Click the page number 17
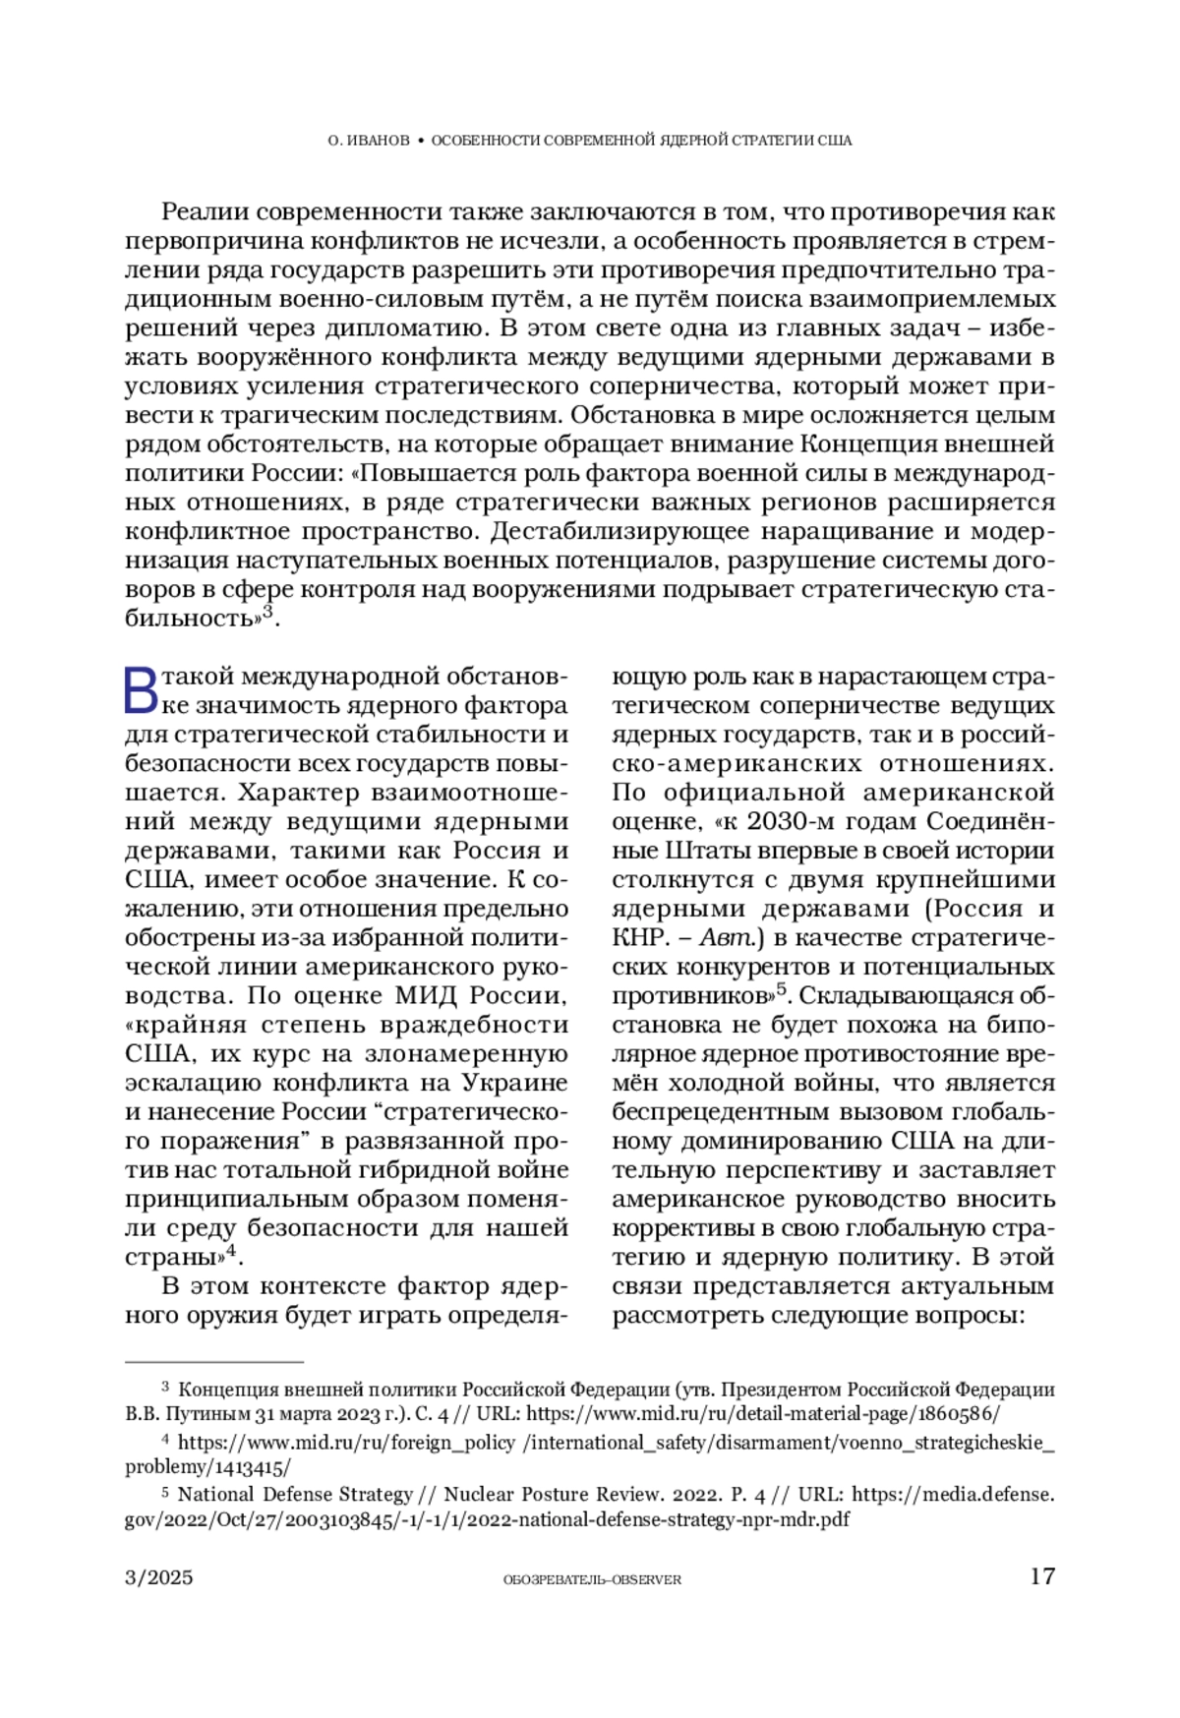click(x=1042, y=1576)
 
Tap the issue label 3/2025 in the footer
click(x=159, y=1577)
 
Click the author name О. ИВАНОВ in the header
click(x=369, y=141)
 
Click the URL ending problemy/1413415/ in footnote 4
click(x=207, y=1467)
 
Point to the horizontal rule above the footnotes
click(x=214, y=1363)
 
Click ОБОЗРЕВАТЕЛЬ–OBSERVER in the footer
click(x=592, y=1579)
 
